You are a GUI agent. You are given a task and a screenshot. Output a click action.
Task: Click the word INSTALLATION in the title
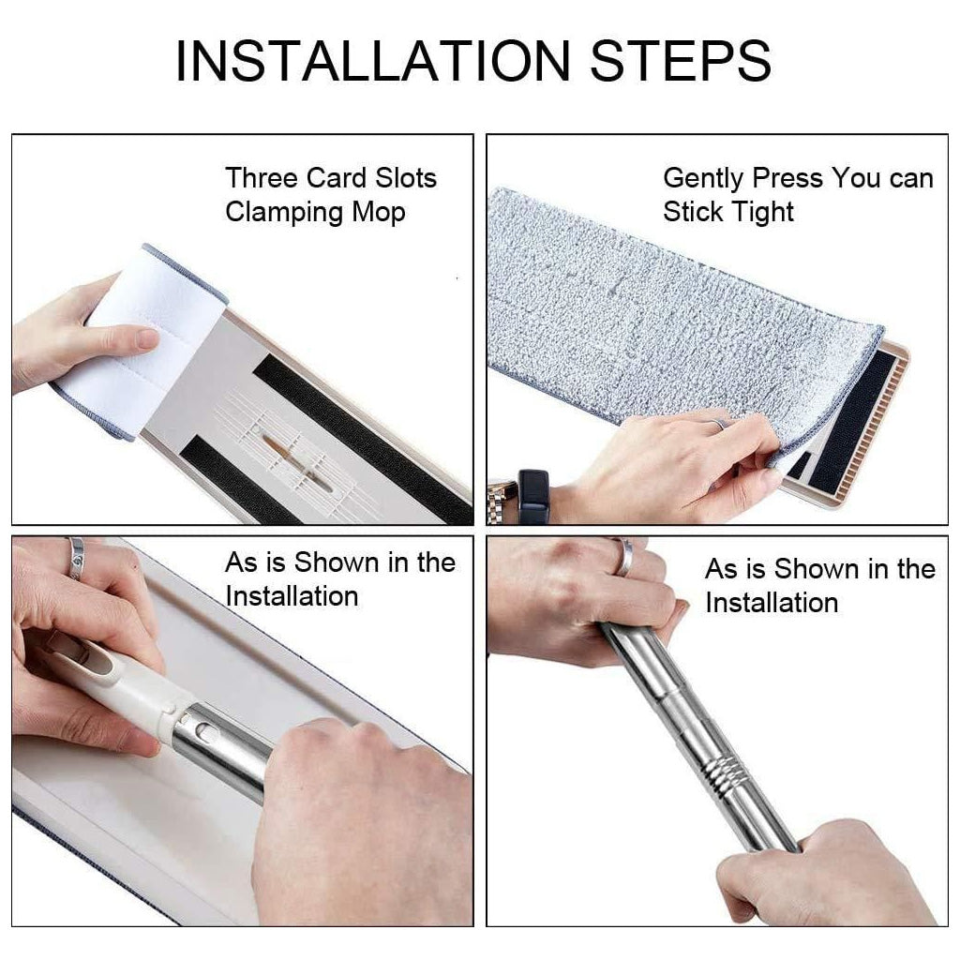point(372,61)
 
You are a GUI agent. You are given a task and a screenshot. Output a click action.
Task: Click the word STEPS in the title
point(681,61)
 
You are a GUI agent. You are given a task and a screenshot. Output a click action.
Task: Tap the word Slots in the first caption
point(406,178)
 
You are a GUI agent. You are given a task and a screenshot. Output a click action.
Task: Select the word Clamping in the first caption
point(284,213)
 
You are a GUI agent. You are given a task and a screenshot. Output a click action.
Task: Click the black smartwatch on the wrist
point(532,495)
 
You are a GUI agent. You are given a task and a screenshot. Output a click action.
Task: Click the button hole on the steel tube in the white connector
point(208,731)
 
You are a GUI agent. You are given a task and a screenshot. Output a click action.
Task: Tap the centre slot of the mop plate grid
point(296,457)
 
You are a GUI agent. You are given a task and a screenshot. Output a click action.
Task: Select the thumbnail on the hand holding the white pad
point(146,337)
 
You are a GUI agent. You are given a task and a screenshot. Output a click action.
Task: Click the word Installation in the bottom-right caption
point(772,603)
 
